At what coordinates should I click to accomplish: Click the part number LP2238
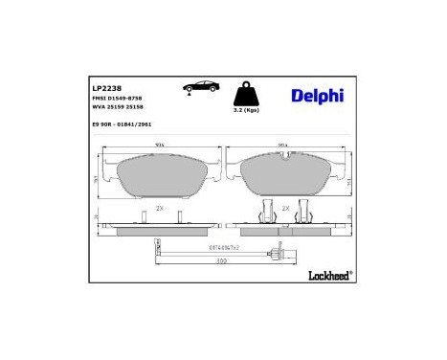pos(106,87)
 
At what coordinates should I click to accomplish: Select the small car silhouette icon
pos(201,88)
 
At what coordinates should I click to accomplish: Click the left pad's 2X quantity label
pos(160,208)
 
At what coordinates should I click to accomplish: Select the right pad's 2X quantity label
pos(285,207)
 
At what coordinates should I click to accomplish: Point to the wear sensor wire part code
pos(223,247)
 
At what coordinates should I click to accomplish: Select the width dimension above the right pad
pos(284,146)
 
